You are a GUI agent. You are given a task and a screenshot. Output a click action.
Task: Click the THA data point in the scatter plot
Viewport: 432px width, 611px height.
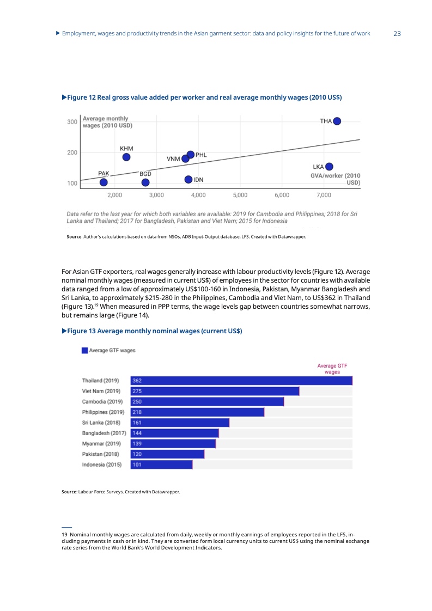coord(337,121)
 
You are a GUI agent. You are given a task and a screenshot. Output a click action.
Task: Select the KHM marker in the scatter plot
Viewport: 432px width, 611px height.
coord(126,157)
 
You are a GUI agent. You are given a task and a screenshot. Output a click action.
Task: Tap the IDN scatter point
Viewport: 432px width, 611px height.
coord(188,179)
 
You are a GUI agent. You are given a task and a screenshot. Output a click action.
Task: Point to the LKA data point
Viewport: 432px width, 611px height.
coord(329,167)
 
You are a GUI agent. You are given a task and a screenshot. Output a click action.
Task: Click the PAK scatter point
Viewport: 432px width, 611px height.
coord(104,182)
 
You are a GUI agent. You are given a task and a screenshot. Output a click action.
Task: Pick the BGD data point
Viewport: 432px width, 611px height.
coord(145,182)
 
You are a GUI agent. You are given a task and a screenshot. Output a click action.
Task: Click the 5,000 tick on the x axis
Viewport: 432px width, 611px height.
coord(240,194)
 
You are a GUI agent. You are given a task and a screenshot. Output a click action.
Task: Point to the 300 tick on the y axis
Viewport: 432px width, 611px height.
coord(72,122)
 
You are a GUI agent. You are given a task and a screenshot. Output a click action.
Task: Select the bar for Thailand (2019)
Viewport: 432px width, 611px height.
coord(242,381)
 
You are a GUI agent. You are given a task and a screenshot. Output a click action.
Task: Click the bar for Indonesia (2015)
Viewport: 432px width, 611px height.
coord(162,465)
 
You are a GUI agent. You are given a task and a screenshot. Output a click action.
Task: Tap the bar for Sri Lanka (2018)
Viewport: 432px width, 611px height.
coord(180,423)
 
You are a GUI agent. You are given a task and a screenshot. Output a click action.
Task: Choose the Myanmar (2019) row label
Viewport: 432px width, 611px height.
coord(101,444)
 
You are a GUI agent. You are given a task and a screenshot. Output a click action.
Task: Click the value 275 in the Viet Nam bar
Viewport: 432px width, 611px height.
coord(137,391)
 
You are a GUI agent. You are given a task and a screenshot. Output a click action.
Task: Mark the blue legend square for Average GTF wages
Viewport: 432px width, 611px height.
coord(84,351)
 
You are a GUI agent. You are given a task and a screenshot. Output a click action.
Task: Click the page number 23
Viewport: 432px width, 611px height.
coord(397,34)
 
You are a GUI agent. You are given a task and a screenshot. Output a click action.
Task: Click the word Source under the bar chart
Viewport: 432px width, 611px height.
coord(69,492)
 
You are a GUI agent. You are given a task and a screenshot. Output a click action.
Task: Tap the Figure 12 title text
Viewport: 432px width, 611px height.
coord(204,97)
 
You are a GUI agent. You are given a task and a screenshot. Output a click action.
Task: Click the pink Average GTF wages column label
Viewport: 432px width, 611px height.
coord(332,369)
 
